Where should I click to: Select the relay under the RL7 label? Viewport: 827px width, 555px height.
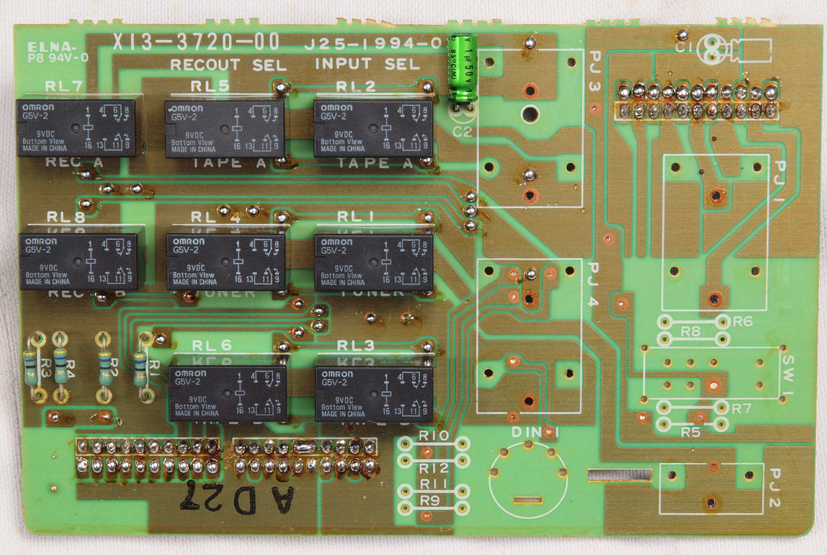[76, 128]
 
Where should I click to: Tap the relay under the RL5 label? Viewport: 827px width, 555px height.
[225, 130]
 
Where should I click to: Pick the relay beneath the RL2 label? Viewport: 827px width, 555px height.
[374, 129]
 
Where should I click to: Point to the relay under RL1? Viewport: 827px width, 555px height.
[374, 262]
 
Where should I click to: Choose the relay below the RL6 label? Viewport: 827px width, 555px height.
[227, 394]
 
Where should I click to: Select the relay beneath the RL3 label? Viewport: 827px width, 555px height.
[374, 394]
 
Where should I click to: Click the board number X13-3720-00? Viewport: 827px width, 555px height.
[196, 42]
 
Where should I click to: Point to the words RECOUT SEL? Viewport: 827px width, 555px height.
[228, 65]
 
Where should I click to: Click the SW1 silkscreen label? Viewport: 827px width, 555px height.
[788, 375]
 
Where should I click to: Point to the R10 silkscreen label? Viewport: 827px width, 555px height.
[434, 436]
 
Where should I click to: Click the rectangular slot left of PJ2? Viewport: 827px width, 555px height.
[620, 475]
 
